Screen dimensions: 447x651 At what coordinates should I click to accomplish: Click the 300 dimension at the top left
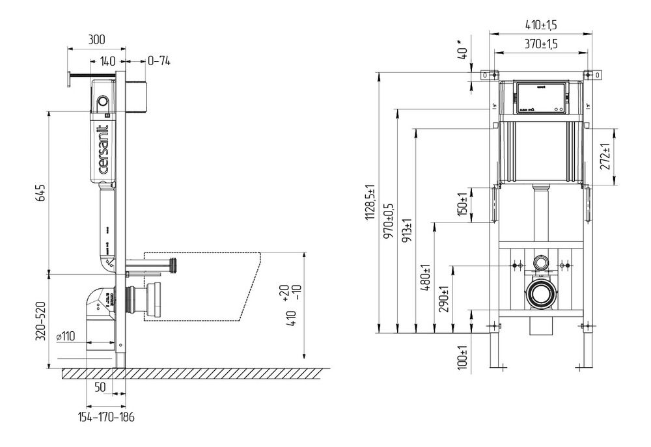coord(96,39)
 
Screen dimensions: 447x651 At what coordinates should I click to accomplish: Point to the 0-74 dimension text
coord(159,61)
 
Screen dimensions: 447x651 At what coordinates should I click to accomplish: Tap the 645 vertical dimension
coord(40,193)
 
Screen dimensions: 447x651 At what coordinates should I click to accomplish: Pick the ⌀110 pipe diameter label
coord(68,336)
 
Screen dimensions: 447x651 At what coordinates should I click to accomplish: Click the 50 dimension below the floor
coord(100,387)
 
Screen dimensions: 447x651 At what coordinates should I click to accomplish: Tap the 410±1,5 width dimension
coord(542,25)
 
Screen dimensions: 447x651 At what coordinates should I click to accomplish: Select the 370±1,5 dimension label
coord(542,44)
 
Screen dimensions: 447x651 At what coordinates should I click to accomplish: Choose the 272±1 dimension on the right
coord(605,157)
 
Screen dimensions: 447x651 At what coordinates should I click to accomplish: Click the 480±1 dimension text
coord(426,278)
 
